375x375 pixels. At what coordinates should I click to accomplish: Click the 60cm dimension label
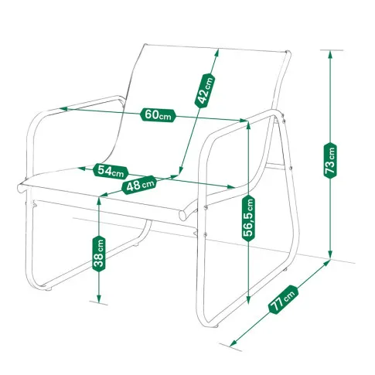click(x=158, y=115)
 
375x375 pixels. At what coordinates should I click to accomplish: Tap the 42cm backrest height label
click(x=205, y=90)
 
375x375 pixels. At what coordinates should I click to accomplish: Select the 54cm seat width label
click(x=111, y=171)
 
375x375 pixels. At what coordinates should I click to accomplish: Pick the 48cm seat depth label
click(x=139, y=185)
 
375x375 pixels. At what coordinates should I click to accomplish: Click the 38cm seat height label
click(x=99, y=254)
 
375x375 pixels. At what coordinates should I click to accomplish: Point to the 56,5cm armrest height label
click(x=248, y=218)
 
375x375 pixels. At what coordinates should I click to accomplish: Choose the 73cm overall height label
click(x=330, y=160)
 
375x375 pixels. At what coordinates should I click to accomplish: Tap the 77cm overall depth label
click(x=283, y=299)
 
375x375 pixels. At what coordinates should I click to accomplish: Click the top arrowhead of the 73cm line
click(x=330, y=55)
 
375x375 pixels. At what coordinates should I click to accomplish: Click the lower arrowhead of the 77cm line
click(x=234, y=343)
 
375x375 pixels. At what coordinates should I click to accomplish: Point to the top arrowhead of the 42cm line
click(x=216, y=54)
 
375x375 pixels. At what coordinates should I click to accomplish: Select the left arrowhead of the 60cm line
click(x=64, y=108)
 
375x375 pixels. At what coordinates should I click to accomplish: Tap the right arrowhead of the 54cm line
click(x=230, y=186)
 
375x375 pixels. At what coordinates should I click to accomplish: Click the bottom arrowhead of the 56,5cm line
click(x=248, y=299)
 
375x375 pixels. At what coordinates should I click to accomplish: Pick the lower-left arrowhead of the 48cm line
click(x=104, y=195)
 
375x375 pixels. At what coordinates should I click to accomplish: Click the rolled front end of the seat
click(x=183, y=215)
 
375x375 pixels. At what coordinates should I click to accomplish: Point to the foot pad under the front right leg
click(x=216, y=326)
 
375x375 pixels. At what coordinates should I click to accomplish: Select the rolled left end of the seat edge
click(x=21, y=188)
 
